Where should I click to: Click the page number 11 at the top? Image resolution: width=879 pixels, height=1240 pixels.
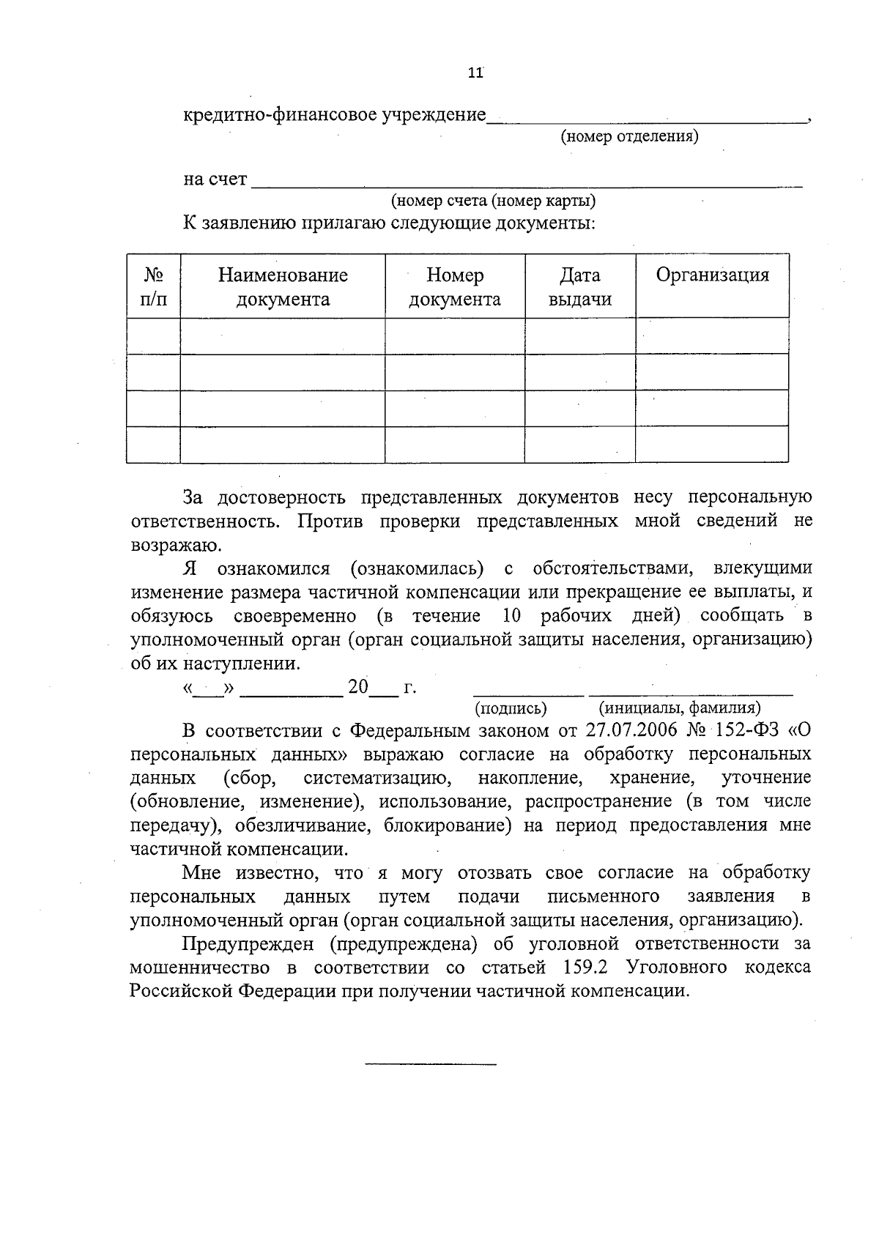pos(475,73)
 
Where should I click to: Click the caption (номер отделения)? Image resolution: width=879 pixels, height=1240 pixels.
pos(629,136)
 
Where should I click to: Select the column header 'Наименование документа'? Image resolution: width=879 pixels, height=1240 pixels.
pos(283,286)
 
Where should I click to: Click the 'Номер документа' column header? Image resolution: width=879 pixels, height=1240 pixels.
pos(455,286)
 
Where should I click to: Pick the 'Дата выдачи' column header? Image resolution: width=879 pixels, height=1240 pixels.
pos(579,286)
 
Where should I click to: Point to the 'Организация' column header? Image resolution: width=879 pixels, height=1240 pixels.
pos(712,275)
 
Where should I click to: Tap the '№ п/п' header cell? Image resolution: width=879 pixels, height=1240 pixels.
pos(153,286)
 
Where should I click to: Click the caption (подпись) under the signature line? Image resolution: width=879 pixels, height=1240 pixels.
pos(511,708)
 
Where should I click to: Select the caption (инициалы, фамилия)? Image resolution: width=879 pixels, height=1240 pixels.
pos(680,708)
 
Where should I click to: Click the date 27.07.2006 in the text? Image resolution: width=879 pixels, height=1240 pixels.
pos(631,730)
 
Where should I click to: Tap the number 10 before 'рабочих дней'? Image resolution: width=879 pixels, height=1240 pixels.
pos(513,615)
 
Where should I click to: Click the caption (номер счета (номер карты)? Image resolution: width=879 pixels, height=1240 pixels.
pos(493,201)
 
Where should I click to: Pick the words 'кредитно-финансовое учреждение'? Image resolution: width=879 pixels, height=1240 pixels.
pos(334,115)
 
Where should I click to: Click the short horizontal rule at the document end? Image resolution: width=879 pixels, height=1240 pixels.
pos(431,1063)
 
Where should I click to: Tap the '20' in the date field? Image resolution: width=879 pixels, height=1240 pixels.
pos(358,687)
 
